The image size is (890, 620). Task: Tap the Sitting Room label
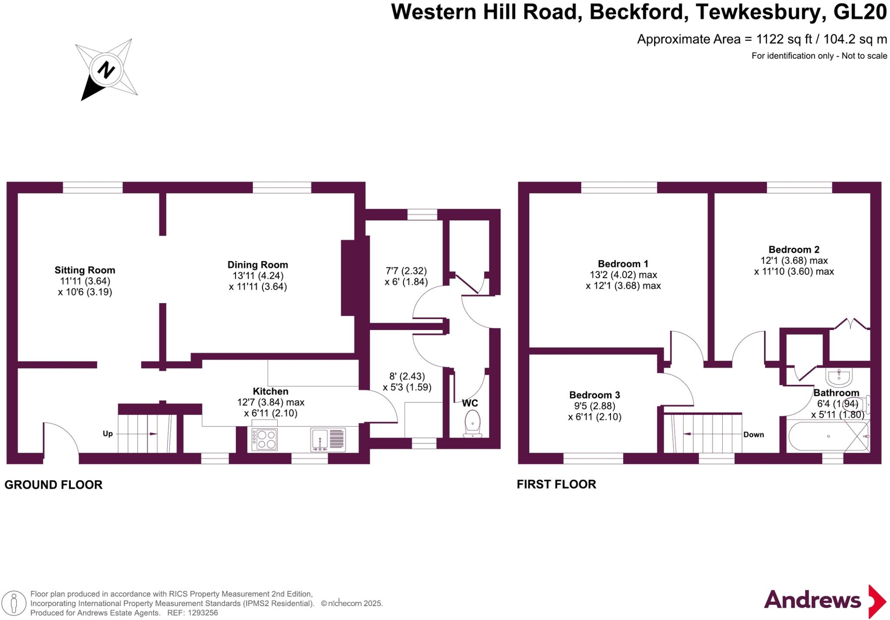pyautogui.click(x=85, y=270)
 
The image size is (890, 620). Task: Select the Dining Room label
pyautogui.click(x=258, y=265)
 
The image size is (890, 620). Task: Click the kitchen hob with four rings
pyautogui.click(x=265, y=439)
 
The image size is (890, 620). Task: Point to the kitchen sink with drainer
pyautogui.click(x=328, y=439)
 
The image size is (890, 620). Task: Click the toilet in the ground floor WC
pyautogui.click(x=472, y=423)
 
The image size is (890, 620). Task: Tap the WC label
pyautogui.click(x=470, y=403)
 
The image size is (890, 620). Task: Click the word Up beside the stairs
pyautogui.click(x=107, y=433)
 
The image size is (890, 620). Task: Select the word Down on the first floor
pyautogui.click(x=753, y=434)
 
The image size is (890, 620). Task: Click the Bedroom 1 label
pyautogui.click(x=623, y=264)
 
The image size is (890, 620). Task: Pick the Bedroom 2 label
pyautogui.click(x=794, y=250)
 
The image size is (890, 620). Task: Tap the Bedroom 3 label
pyautogui.click(x=594, y=395)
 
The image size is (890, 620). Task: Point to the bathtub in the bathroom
pyautogui.click(x=828, y=437)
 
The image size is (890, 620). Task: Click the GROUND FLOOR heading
pyautogui.click(x=53, y=485)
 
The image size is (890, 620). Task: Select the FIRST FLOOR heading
pyautogui.click(x=556, y=484)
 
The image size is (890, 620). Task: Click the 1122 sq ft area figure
pyautogui.click(x=784, y=40)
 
